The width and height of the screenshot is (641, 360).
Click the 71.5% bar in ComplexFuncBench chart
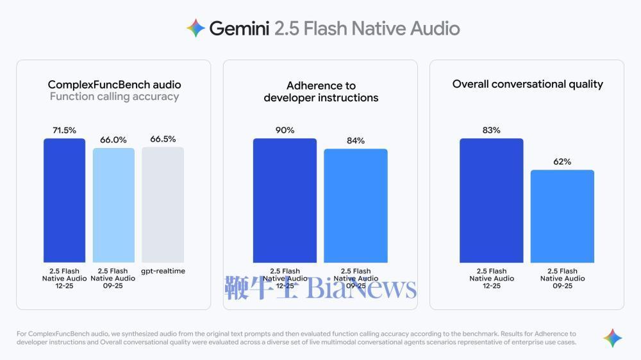click(x=64, y=200)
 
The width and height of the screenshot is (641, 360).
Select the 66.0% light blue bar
click(x=113, y=205)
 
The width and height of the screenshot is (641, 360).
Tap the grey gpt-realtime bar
click(x=163, y=204)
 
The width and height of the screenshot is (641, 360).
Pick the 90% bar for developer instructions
click(x=285, y=200)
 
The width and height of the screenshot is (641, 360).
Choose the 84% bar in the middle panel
click(x=355, y=205)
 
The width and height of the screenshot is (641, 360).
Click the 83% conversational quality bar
click(x=491, y=200)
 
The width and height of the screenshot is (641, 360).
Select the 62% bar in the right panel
click(x=562, y=216)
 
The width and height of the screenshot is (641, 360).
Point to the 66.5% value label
click(x=163, y=139)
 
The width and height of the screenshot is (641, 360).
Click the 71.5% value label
click(x=64, y=130)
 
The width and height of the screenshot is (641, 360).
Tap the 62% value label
click(x=562, y=161)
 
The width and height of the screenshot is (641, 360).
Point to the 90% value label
click(x=285, y=130)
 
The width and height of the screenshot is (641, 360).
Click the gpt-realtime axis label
click(x=163, y=271)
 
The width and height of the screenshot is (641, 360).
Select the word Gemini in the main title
click(x=238, y=29)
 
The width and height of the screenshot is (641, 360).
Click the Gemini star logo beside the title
click(x=196, y=28)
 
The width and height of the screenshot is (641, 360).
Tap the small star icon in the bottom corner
click(x=612, y=338)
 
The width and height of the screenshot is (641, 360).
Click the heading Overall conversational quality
click(x=528, y=84)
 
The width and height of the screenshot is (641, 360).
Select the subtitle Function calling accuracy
click(x=114, y=97)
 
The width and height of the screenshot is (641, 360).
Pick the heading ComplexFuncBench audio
click(x=114, y=85)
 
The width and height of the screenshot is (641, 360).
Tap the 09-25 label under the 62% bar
click(x=562, y=286)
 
